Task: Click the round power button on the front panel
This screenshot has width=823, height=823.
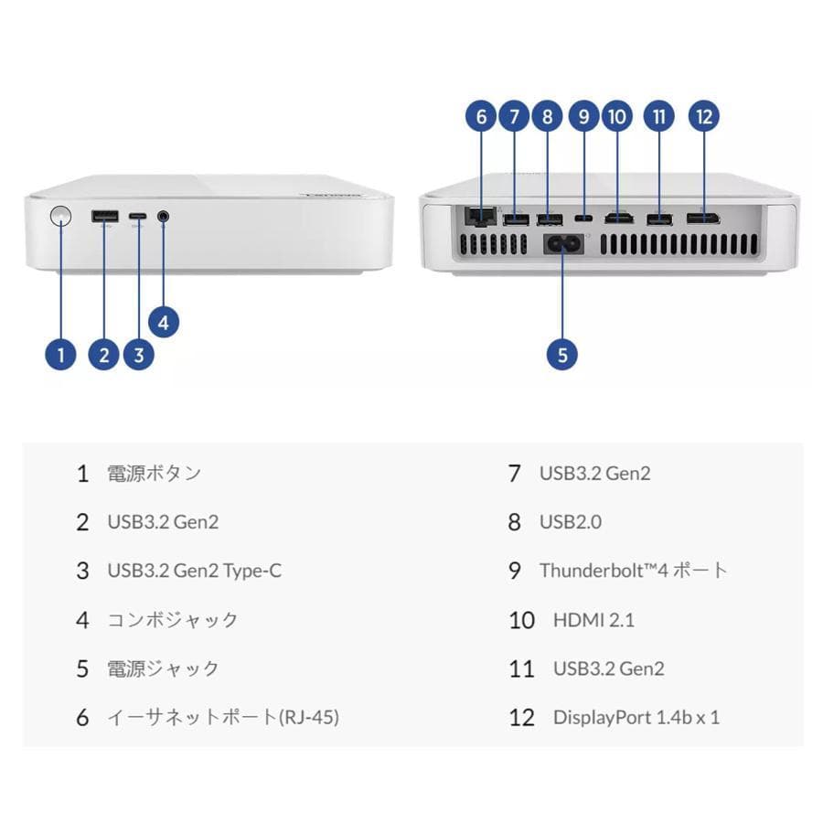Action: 60,217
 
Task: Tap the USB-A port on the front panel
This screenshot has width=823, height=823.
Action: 104,217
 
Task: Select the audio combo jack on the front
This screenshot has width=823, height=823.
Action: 164,217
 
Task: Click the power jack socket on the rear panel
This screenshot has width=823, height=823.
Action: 561,245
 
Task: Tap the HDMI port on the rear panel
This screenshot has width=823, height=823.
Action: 621,219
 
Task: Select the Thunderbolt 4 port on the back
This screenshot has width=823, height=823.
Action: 583,219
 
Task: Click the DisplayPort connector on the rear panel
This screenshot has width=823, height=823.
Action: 703,219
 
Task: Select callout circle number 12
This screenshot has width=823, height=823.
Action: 703,116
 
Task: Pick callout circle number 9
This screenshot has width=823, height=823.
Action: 583,116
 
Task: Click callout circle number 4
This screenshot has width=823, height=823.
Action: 164,322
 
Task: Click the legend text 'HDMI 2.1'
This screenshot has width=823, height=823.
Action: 593,620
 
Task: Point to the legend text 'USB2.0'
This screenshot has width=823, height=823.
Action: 571,522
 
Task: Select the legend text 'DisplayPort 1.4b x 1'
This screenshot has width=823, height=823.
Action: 636,717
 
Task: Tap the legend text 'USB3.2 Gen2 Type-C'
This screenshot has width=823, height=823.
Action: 195,571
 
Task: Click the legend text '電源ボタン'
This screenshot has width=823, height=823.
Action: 154,473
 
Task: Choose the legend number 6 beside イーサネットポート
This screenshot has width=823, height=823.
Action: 83,718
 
